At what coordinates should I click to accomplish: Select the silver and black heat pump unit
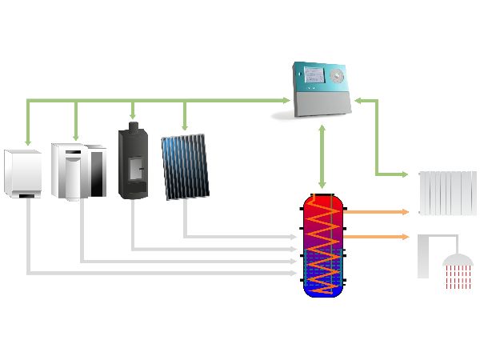click(78, 170)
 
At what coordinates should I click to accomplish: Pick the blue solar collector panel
click(185, 166)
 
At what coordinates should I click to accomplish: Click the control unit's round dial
click(336, 78)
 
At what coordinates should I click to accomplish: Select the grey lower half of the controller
click(319, 102)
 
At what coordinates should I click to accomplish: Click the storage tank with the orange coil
click(323, 245)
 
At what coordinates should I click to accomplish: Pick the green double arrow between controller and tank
click(322, 155)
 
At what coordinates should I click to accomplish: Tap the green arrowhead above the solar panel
click(185, 126)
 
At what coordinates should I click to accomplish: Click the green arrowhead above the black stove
click(133, 117)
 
